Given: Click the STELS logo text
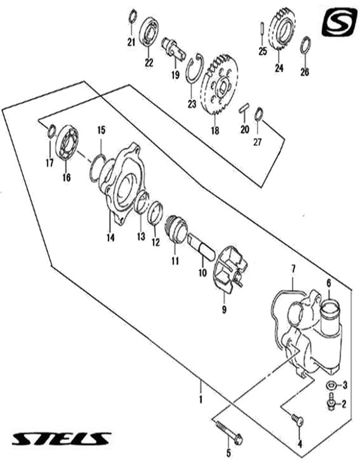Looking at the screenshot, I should pos(61,438).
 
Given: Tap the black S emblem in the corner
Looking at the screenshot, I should pos(338,23).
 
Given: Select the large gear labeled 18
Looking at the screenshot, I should pos(219,89).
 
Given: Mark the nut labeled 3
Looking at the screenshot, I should pos(329,385).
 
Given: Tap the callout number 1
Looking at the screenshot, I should pos(201,400).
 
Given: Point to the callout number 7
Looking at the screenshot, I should pos(294,269).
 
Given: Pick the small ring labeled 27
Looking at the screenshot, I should pos(259,114).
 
